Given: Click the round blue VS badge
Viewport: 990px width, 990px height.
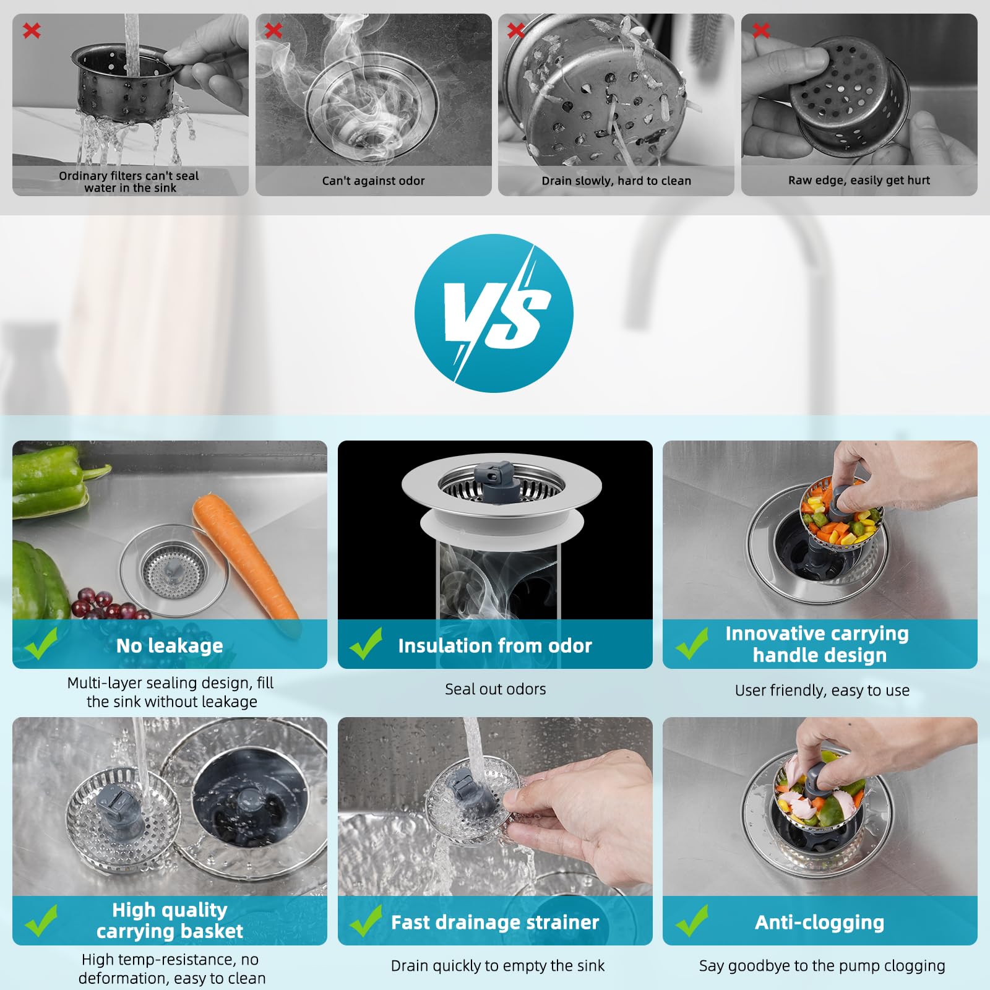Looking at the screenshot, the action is click(494, 313).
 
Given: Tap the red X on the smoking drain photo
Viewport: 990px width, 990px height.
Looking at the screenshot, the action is click(273, 30).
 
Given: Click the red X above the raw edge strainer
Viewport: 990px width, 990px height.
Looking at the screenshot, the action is click(761, 30).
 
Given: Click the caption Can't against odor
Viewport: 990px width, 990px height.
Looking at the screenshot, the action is click(373, 181).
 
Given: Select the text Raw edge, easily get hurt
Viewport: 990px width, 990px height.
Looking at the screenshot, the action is click(859, 180).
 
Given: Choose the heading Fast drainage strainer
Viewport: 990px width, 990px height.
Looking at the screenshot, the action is click(495, 922).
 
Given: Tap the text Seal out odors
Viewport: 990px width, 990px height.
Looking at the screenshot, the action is click(495, 689).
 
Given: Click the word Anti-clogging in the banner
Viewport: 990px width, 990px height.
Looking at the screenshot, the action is click(819, 922).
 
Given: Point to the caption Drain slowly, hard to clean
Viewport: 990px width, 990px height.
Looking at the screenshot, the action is click(616, 181).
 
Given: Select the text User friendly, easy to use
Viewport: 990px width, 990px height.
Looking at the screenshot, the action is click(822, 690).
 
